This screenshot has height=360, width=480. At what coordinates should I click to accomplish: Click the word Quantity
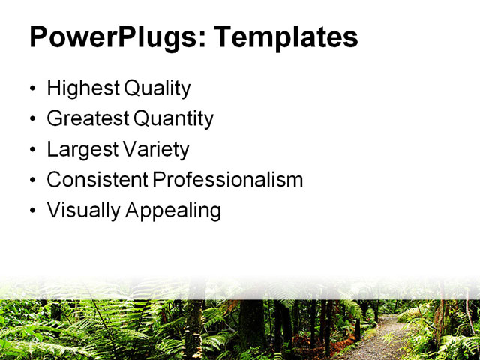(x=173, y=119)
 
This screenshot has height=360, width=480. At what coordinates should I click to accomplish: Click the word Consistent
(x=97, y=180)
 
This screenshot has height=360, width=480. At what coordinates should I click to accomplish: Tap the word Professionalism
(x=227, y=180)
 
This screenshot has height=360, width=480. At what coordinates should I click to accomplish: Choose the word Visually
(x=83, y=211)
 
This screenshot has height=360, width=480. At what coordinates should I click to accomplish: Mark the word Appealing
(x=173, y=211)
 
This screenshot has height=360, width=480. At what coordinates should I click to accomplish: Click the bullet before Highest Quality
(x=31, y=89)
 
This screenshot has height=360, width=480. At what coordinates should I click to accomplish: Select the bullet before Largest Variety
(x=31, y=151)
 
